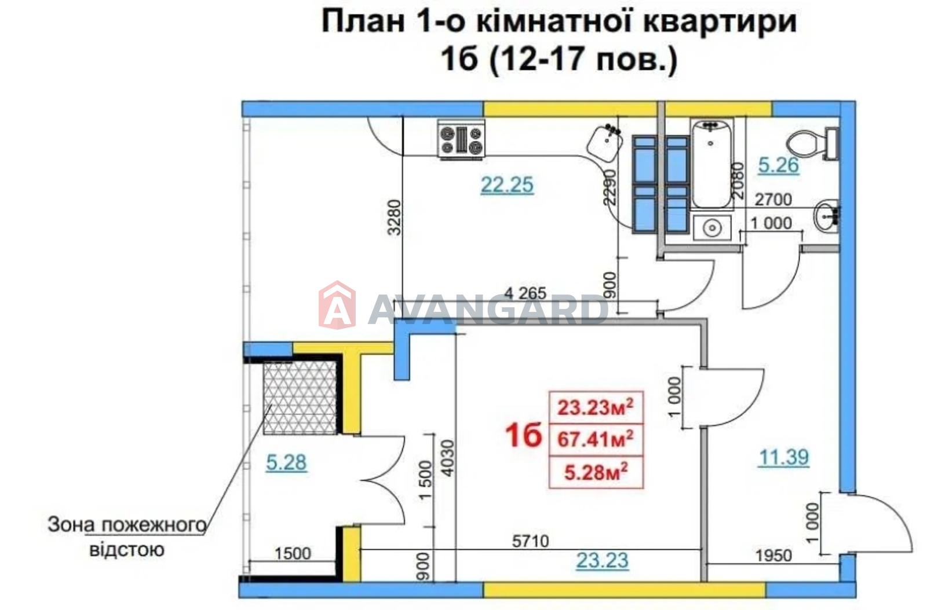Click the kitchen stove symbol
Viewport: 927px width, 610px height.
(x=461, y=139)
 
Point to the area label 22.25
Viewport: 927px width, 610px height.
(x=507, y=185)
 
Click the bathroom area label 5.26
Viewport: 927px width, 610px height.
(x=778, y=166)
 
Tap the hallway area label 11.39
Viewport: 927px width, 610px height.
(x=784, y=458)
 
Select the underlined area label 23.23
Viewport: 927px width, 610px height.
(x=602, y=560)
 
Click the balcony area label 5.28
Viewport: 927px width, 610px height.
(x=286, y=463)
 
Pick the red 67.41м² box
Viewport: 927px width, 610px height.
(x=595, y=440)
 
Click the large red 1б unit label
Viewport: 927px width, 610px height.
(x=523, y=435)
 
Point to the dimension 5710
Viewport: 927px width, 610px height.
(x=530, y=541)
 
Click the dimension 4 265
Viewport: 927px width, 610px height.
(x=525, y=293)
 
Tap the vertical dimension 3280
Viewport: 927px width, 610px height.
(x=394, y=217)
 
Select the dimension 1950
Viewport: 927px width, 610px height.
(x=773, y=555)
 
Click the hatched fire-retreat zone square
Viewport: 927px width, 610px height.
(x=300, y=398)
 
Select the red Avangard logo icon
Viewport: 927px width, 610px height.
(x=337, y=305)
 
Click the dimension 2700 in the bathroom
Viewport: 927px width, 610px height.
(x=773, y=200)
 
